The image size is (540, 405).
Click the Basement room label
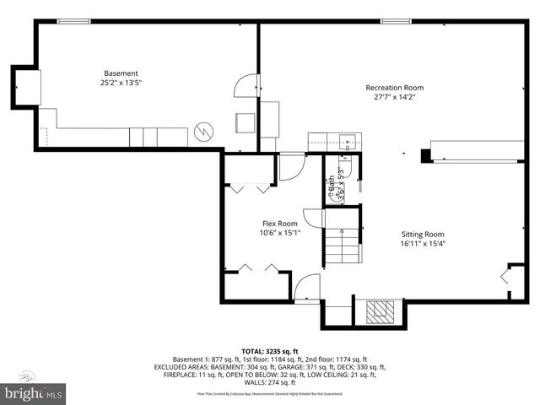pyautogui.click(x=121, y=73)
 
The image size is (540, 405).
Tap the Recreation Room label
pyautogui.click(x=394, y=88)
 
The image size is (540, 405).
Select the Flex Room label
pyautogui.click(x=279, y=224)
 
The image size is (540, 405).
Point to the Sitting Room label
pyautogui.click(x=423, y=235)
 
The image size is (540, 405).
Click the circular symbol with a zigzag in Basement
pyautogui.click(x=202, y=132)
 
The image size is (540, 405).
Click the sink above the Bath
pyautogui.click(x=345, y=141)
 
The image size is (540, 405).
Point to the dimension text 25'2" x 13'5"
pyautogui.click(x=121, y=83)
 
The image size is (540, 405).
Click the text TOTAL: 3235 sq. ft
pyautogui.click(x=270, y=351)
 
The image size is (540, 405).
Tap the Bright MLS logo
pyautogui.click(x=34, y=392)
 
